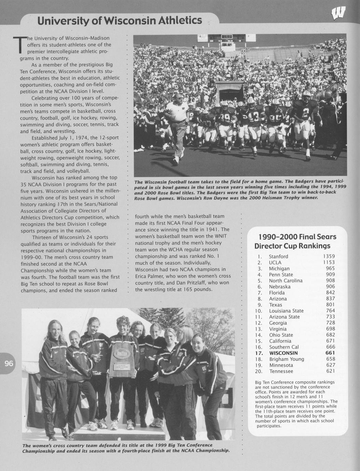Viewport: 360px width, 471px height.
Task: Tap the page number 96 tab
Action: pyautogui.click(x=9, y=363)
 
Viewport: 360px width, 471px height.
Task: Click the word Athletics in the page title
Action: pyautogui.click(x=180, y=21)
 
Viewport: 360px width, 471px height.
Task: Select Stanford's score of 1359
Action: pyautogui.click(x=329, y=256)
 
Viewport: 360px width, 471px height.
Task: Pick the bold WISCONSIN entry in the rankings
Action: pyautogui.click(x=283, y=353)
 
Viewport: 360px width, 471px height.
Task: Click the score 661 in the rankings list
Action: pyautogui.click(x=330, y=353)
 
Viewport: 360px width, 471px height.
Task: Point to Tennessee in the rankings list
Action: pyautogui.click(x=281, y=371)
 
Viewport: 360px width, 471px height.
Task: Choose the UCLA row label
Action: pyautogui.click(x=275, y=262)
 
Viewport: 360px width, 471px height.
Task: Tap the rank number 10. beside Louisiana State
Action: pyautogui.click(x=259, y=311)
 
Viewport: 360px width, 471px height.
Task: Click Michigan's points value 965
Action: pyautogui.click(x=330, y=269)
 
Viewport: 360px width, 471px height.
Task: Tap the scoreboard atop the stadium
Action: pyautogui.click(x=227, y=37)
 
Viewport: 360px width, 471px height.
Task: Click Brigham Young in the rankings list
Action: pyautogui.click(x=287, y=359)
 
